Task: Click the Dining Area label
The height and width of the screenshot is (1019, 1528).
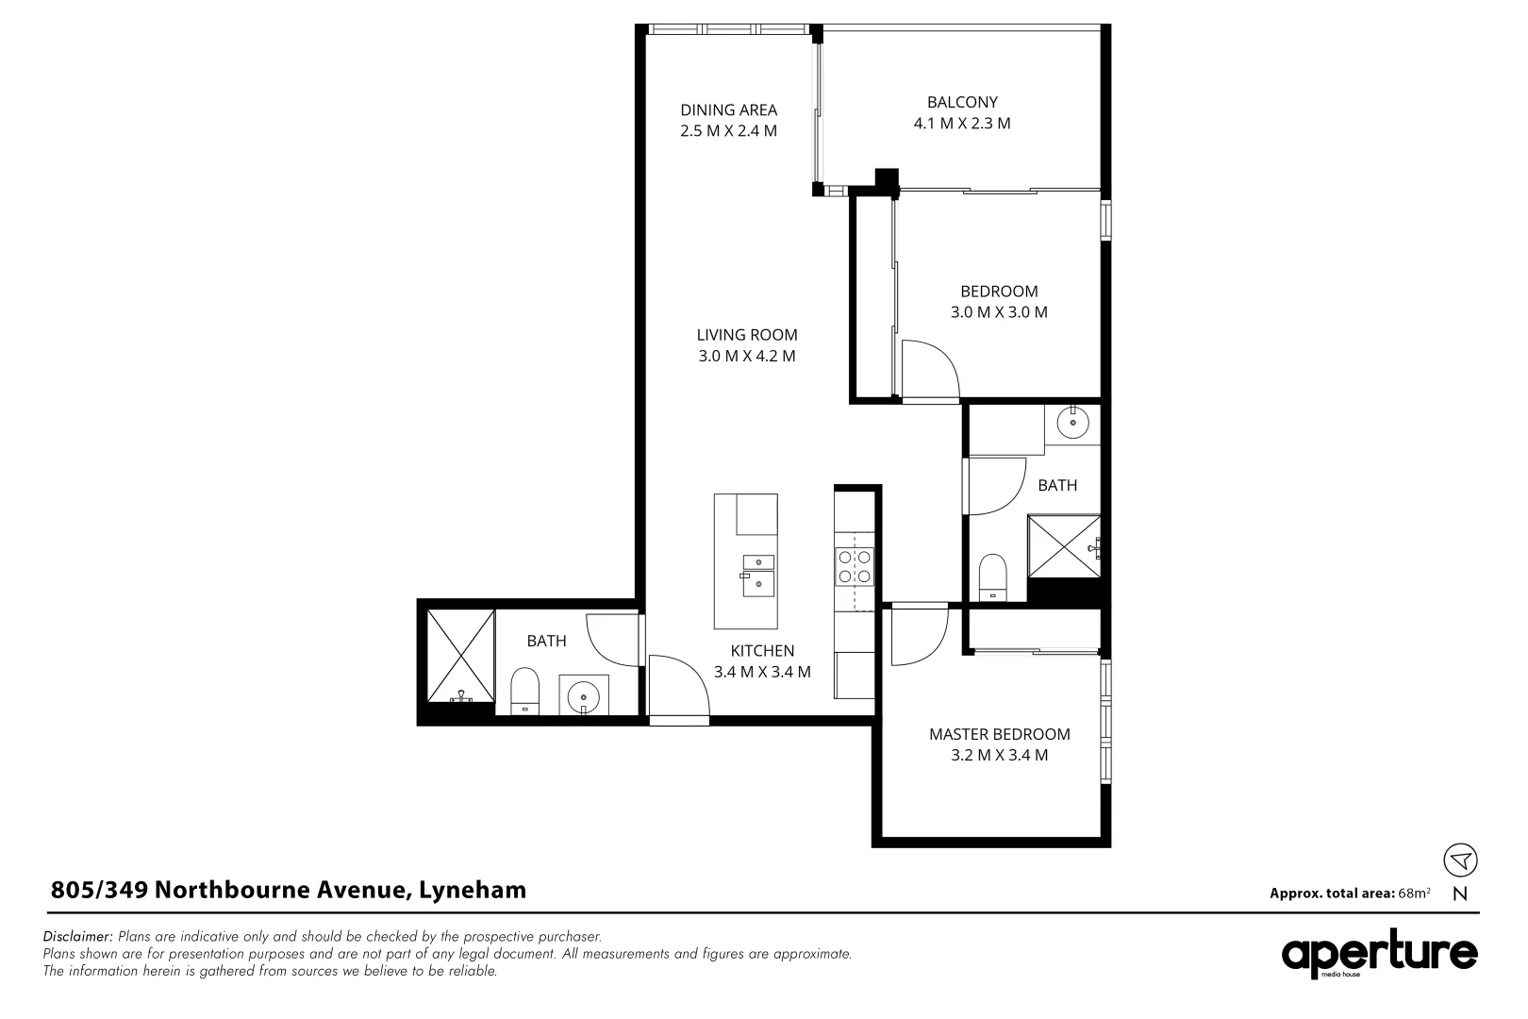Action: pyautogui.click(x=728, y=109)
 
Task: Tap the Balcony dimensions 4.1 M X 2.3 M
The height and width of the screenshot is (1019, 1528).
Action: pyautogui.click(x=962, y=124)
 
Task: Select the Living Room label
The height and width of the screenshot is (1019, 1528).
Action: pyautogui.click(x=747, y=335)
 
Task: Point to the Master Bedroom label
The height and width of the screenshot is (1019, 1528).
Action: pyautogui.click(x=999, y=734)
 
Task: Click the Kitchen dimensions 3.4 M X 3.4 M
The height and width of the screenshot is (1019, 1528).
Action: pyautogui.click(x=762, y=672)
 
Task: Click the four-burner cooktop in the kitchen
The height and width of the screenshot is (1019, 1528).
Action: pyautogui.click(x=855, y=566)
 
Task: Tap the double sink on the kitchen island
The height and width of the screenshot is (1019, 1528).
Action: pyautogui.click(x=757, y=574)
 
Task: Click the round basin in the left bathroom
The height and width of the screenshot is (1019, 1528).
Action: pyautogui.click(x=584, y=696)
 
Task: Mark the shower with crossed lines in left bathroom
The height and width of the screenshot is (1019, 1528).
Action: pyautogui.click(x=459, y=655)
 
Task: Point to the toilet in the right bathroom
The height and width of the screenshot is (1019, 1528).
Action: pyautogui.click(x=992, y=576)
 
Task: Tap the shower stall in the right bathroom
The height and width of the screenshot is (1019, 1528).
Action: pyautogui.click(x=1063, y=545)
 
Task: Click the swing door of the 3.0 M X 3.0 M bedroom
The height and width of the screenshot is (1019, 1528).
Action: pyautogui.click(x=928, y=370)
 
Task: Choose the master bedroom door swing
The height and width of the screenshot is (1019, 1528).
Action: pyautogui.click(x=917, y=635)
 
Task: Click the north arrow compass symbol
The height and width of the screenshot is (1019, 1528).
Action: pyautogui.click(x=1460, y=860)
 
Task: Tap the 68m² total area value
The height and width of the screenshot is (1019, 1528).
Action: pyautogui.click(x=1414, y=893)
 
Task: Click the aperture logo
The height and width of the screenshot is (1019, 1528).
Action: pyautogui.click(x=1378, y=955)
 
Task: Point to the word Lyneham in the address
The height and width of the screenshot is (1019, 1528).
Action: pyautogui.click(x=473, y=890)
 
